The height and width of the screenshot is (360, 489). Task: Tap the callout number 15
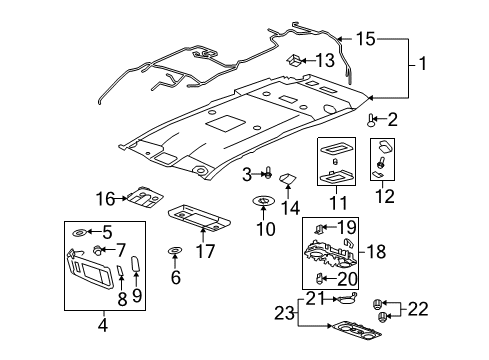point(365,39)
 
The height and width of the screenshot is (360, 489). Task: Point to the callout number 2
point(392,119)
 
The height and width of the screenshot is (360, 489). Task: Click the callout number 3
point(246,175)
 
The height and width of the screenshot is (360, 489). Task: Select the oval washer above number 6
point(174,251)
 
